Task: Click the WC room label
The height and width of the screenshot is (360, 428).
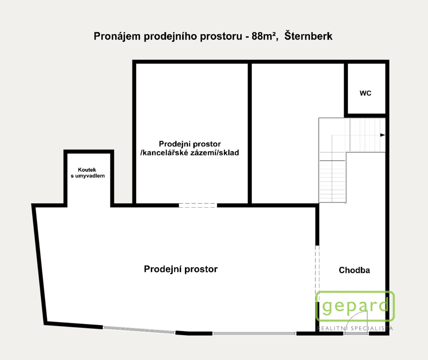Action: point(365,93)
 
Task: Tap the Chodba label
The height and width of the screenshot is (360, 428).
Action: point(354,270)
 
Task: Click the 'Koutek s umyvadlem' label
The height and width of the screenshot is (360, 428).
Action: point(88,172)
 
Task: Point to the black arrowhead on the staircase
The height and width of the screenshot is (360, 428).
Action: point(383,135)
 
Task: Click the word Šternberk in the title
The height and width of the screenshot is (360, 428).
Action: point(309,36)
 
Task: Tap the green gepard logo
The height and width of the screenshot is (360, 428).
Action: point(355,306)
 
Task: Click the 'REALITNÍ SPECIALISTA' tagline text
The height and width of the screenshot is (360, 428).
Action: point(355,328)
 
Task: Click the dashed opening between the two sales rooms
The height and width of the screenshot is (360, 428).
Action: point(198,205)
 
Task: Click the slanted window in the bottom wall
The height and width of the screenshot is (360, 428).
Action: point(139,330)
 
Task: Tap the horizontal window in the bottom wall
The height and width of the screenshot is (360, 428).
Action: point(254,333)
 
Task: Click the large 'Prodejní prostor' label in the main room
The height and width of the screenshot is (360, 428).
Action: point(181,269)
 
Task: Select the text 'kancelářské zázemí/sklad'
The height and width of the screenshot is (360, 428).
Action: point(191,152)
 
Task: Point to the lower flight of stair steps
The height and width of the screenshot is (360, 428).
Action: point(332,181)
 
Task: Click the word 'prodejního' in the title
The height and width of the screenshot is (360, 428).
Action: point(171,36)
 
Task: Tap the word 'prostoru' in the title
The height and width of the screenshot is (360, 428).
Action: point(221,37)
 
